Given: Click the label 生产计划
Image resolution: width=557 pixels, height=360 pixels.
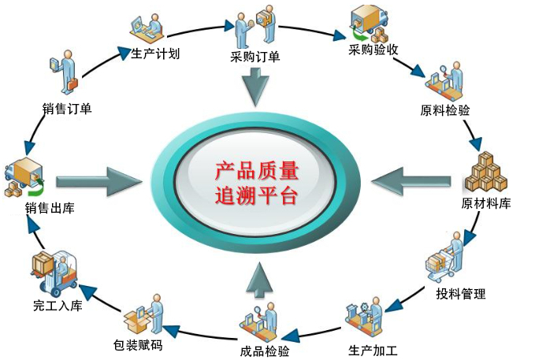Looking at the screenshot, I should [155, 54].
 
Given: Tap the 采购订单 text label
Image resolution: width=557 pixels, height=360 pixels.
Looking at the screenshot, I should [254, 56].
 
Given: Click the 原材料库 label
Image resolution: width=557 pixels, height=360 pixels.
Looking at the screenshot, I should [486, 204].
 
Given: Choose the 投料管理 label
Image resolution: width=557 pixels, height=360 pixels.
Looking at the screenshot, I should [461, 294].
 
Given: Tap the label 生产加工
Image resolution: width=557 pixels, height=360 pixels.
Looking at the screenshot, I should [373, 350].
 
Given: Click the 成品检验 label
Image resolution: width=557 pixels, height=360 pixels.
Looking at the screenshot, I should [264, 351].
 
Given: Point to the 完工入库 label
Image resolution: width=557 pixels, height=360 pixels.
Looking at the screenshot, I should [58, 305].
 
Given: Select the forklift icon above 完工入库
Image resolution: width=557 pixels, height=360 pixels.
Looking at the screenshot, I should [53, 271].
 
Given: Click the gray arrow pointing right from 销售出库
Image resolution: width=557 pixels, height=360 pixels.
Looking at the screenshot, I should [99, 180].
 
